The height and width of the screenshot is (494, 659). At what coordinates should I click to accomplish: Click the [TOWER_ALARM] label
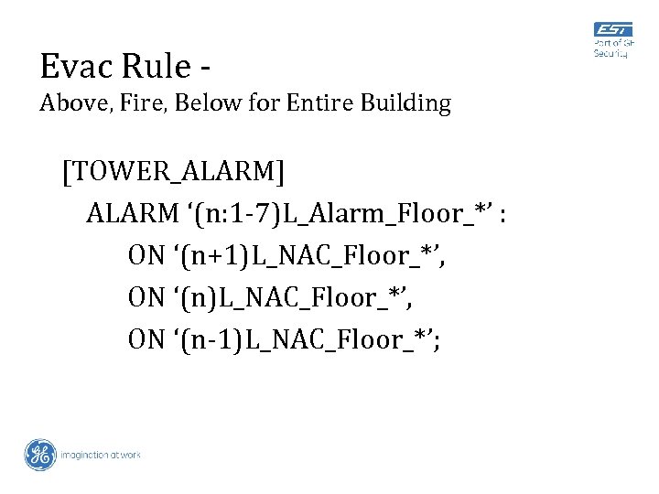point(173,172)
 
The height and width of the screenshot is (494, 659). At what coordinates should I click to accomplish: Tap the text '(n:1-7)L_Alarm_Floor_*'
point(344,214)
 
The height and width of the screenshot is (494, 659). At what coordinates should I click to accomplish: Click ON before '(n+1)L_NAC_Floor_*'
point(146,256)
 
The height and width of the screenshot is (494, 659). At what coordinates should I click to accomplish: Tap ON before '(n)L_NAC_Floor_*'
point(146,298)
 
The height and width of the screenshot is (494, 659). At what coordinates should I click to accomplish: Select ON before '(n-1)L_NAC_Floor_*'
point(146,340)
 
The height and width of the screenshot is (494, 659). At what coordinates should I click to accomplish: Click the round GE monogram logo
point(40,455)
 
